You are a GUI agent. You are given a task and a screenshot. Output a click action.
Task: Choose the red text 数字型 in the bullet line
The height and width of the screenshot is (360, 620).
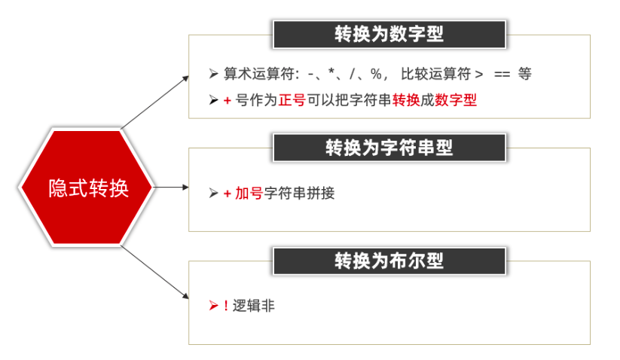coord(456,99)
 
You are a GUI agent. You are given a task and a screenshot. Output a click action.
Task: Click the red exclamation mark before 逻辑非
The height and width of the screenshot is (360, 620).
coord(226,307)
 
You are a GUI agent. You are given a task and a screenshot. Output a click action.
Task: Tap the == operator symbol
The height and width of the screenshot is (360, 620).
coord(502,74)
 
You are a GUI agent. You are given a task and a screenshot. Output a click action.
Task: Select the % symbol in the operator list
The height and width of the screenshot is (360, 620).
coord(375,74)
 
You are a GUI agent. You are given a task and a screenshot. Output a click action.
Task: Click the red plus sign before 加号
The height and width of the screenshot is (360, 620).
coord(227,194)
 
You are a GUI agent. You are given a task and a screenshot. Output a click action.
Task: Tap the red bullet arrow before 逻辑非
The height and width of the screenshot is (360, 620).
coord(213,307)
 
